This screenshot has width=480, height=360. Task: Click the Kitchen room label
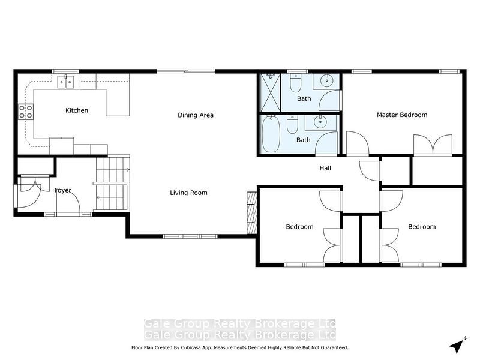click(x=77, y=110)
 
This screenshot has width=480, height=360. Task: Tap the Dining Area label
click(x=196, y=115)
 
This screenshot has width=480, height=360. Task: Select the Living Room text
click(x=188, y=193)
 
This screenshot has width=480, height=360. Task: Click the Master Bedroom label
click(x=402, y=115)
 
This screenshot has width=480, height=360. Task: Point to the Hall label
click(x=325, y=168)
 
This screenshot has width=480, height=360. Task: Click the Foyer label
click(x=63, y=190)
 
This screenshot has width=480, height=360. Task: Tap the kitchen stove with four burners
click(x=26, y=111)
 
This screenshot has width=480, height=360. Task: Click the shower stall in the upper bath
click(x=271, y=92)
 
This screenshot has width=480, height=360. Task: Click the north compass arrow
click(x=458, y=344)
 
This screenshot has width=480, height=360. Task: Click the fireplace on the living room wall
click(x=251, y=212)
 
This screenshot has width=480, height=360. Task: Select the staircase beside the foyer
click(x=112, y=183)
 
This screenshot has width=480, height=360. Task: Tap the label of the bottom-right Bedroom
click(x=422, y=227)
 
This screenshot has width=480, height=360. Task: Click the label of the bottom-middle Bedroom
click(x=299, y=227)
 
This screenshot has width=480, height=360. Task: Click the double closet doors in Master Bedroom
click(x=433, y=146)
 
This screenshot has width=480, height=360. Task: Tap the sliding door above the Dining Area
click(x=185, y=71)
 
